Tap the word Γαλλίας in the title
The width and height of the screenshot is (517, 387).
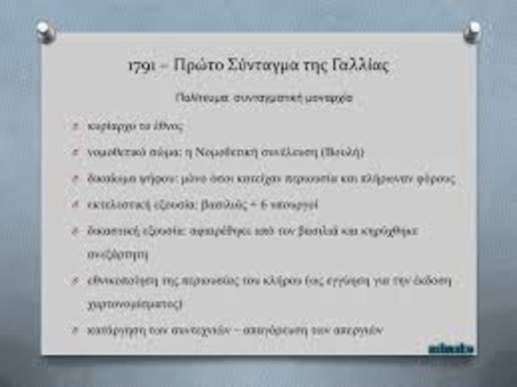357,66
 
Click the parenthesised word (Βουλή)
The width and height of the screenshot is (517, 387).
343,152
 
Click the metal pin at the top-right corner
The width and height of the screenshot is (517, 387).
473,31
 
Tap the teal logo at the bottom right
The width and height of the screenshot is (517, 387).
451,348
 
